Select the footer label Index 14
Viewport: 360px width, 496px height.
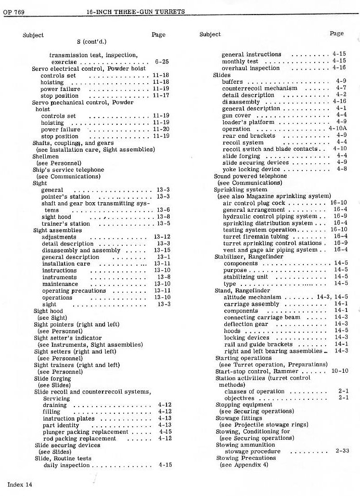click(x=20, y=484)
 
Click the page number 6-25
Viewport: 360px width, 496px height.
click(x=161, y=62)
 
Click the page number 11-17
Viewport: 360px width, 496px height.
click(x=161, y=96)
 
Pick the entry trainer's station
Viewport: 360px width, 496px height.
click(x=66, y=224)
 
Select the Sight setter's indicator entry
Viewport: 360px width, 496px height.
click(x=63, y=338)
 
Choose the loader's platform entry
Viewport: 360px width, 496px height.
click(x=248, y=122)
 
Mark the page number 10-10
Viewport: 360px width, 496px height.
click(x=339, y=371)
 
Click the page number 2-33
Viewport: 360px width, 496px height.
click(x=342, y=451)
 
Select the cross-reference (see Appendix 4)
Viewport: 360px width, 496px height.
click(x=243, y=465)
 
